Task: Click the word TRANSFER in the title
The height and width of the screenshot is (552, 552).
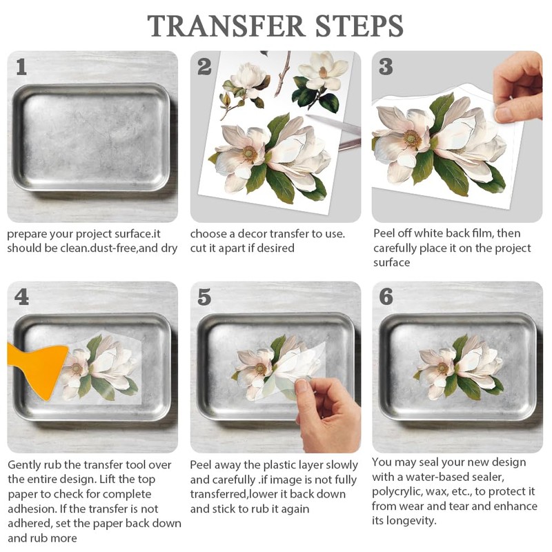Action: point(222,26)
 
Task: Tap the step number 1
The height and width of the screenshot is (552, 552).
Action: point(21,66)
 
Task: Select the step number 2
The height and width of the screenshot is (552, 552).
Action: point(204,66)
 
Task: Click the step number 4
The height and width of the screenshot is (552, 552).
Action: point(21,297)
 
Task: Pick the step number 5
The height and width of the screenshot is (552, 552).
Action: point(204,297)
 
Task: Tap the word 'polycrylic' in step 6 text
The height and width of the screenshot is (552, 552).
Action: point(401,491)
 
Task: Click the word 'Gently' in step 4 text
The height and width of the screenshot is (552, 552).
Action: point(26,465)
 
